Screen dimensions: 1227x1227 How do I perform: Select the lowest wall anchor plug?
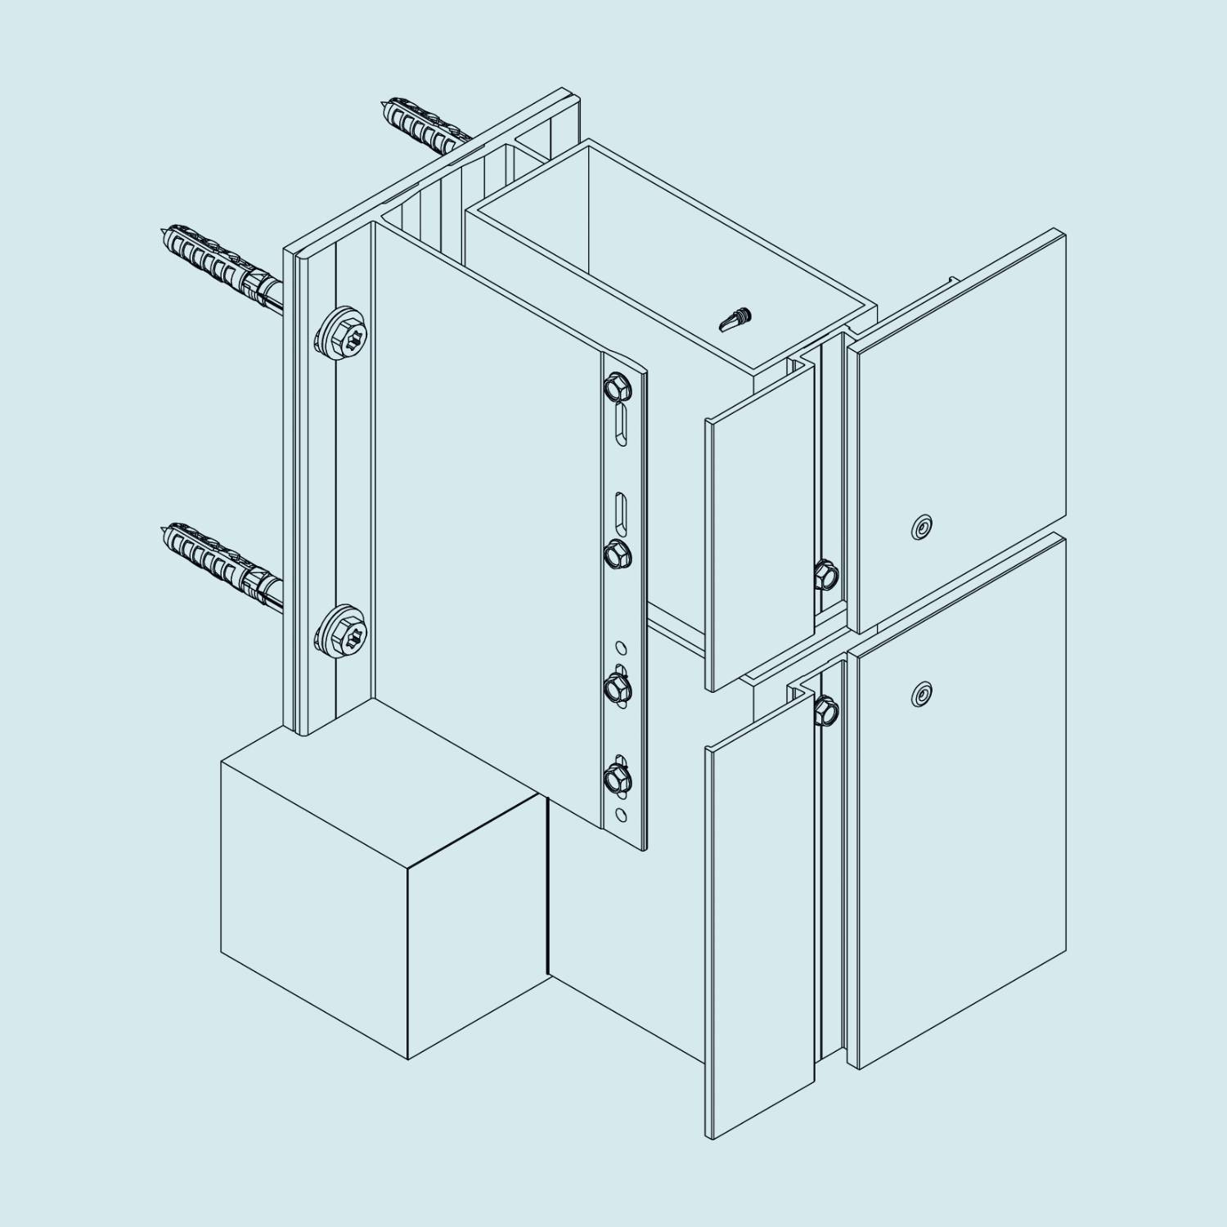click(217, 554)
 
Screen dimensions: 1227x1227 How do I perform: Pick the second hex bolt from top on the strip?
click(618, 555)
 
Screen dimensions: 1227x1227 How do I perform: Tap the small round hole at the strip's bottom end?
click(622, 814)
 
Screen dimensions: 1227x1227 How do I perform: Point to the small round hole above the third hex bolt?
click(622, 649)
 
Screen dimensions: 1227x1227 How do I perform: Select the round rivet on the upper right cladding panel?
click(922, 528)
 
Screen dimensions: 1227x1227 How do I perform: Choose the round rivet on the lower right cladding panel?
click(922, 694)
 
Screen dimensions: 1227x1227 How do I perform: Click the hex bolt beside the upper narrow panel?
click(826, 574)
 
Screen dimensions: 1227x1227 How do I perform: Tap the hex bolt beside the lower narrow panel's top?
click(826, 709)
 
